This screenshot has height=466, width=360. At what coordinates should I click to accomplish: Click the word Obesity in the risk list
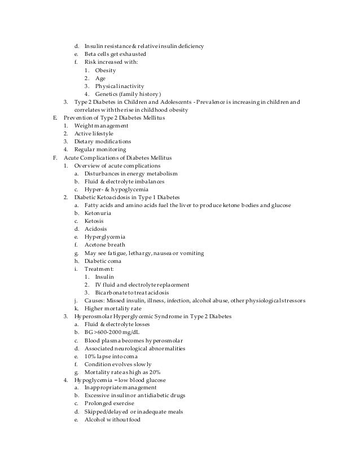pyautogui.click(x=106, y=70)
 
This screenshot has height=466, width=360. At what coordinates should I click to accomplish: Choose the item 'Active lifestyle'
pyautogui.click(x=95, y=133)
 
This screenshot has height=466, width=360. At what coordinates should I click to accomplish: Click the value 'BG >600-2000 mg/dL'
pyautogui.click(x=111, y=333)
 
